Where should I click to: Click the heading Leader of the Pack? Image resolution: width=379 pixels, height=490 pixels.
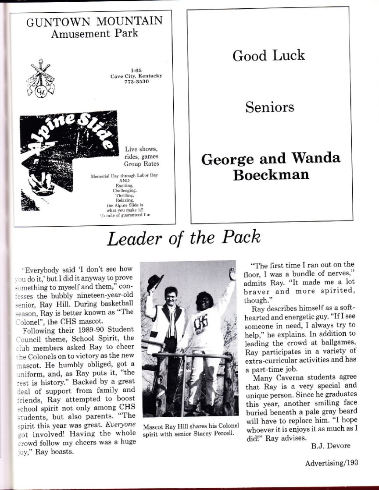[183, 238]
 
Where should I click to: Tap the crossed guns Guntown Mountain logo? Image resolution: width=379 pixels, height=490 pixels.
[40, 78]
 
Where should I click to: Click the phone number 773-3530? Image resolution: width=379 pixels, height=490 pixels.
[136, 82]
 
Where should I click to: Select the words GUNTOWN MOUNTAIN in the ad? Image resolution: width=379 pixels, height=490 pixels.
[94, 21]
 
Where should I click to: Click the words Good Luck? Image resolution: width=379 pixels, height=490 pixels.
[268, 56]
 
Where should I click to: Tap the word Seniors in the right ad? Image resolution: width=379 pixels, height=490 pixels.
[269, 107]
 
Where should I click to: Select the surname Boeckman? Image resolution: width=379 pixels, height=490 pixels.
[271, 175]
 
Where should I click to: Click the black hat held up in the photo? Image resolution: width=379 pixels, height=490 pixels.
[155, 282]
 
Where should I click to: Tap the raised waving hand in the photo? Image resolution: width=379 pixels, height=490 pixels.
[232, 274]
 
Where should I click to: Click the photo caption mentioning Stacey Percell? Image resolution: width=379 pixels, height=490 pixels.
[189, 430]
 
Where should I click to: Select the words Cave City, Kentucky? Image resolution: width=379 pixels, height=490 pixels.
[136, 76]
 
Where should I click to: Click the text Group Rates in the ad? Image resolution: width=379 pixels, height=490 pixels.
[141, 164]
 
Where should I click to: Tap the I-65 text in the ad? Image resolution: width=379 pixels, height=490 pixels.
[136, 70]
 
